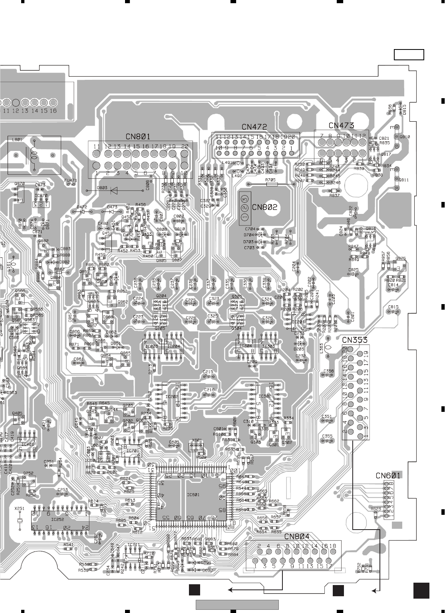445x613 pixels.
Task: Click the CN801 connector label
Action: [x=138, y=136]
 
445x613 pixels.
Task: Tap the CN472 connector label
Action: [x=254, y=127]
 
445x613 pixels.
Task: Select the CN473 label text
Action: [x=341, y=125]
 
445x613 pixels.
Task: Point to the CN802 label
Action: [x=264, y=207]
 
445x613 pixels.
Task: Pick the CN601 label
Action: [x=388, y=475]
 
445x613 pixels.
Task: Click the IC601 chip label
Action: [x=193, y=495]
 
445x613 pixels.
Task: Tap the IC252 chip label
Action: [x=58, y=520]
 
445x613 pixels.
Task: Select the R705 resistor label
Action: [x=270, y=180]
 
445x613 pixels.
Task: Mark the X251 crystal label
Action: [x=19, y=509]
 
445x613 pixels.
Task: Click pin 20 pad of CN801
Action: [x=184, y=154]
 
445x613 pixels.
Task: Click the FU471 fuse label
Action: [x=70, y=180]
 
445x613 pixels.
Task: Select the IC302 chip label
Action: [x=265, y=396]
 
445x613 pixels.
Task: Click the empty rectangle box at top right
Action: [x=409, y=55]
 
